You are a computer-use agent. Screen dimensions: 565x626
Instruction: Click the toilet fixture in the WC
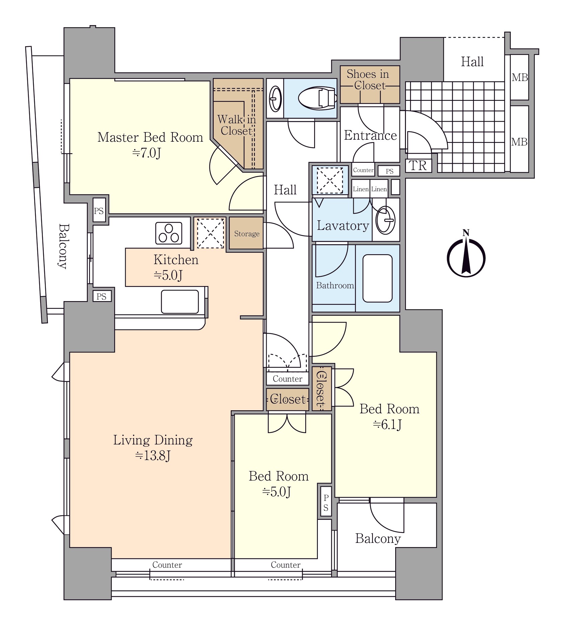click(317, 98)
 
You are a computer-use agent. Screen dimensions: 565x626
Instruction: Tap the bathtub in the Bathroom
click(377, 278)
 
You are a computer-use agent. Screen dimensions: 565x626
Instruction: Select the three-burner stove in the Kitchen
click(169, 233)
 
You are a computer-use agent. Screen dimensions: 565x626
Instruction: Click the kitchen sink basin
click(180, 301)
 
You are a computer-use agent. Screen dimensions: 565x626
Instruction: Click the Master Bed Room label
click(150, 137)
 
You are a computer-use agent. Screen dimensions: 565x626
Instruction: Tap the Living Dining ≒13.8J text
click(153, 447)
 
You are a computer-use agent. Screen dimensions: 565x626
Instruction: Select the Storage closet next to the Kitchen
click(246, 233)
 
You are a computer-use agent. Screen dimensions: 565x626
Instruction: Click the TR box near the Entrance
click(418, 165)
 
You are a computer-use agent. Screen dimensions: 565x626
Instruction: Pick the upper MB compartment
click(519, 77)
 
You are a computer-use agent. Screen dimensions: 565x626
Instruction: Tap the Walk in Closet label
click(236, 125)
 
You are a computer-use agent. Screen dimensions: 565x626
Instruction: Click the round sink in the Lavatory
click(385, 220)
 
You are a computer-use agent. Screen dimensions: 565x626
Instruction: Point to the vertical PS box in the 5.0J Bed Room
click(326, 503)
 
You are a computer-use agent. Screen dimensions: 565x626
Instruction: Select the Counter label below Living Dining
click(167, 565)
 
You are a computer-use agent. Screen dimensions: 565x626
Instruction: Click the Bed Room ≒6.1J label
click(389, 416)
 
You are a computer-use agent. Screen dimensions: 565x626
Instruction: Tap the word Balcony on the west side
click(63, 246)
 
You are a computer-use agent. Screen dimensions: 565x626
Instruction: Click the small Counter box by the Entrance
click(363, 170)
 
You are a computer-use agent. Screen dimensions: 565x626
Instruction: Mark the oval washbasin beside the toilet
click(275, 98)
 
